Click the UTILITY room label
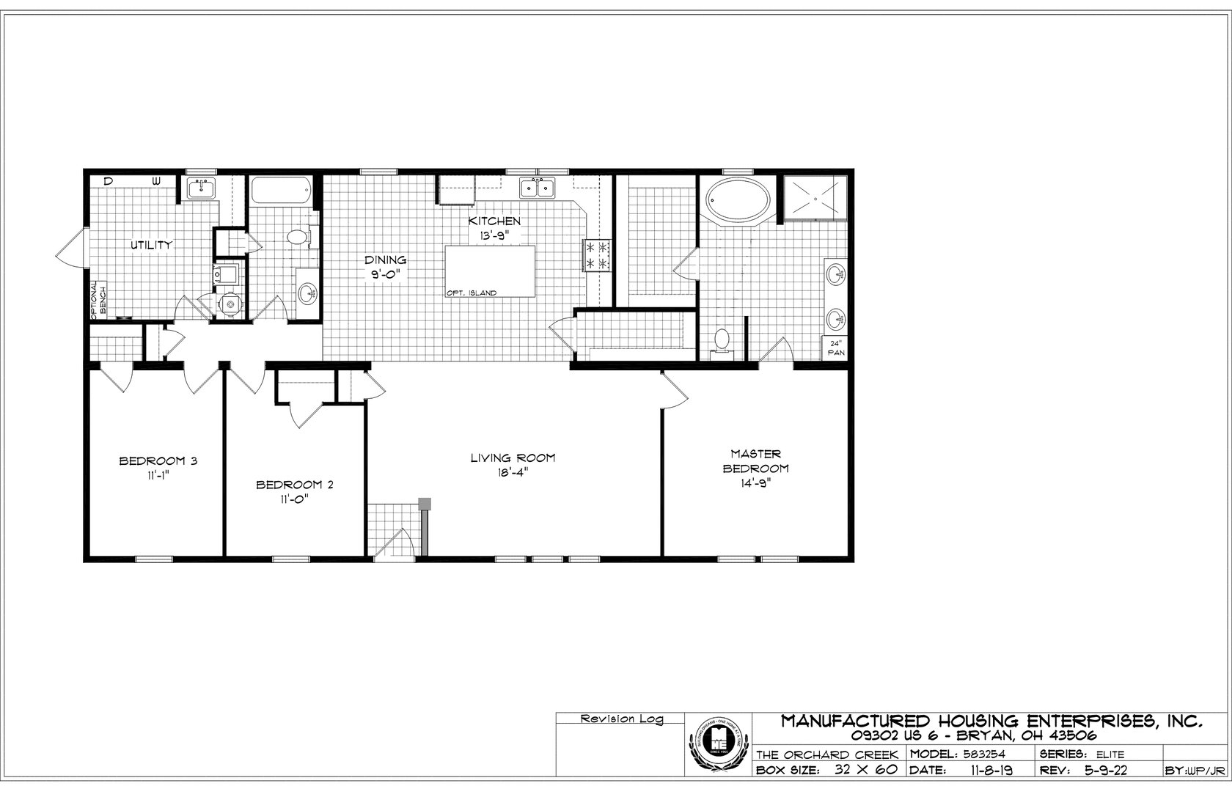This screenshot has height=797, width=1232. [x=151, y=245]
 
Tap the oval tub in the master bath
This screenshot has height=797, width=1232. [x=738, y=199]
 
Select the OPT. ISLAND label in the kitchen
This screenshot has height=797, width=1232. [x=471, y=293]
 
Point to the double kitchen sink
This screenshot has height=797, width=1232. [x=538, y=188]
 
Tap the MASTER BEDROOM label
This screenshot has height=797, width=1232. [x=755, y=461]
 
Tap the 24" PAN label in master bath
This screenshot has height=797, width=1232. [x=837, y=348]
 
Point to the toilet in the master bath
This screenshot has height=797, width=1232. [x=722, y=341]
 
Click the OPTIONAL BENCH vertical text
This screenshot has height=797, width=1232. [x=98, y=299]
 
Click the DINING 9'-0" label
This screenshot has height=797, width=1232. [x=386, y=267]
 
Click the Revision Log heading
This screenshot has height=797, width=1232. [x=621, y=719]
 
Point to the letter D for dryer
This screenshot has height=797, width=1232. [x=108, y=180]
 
